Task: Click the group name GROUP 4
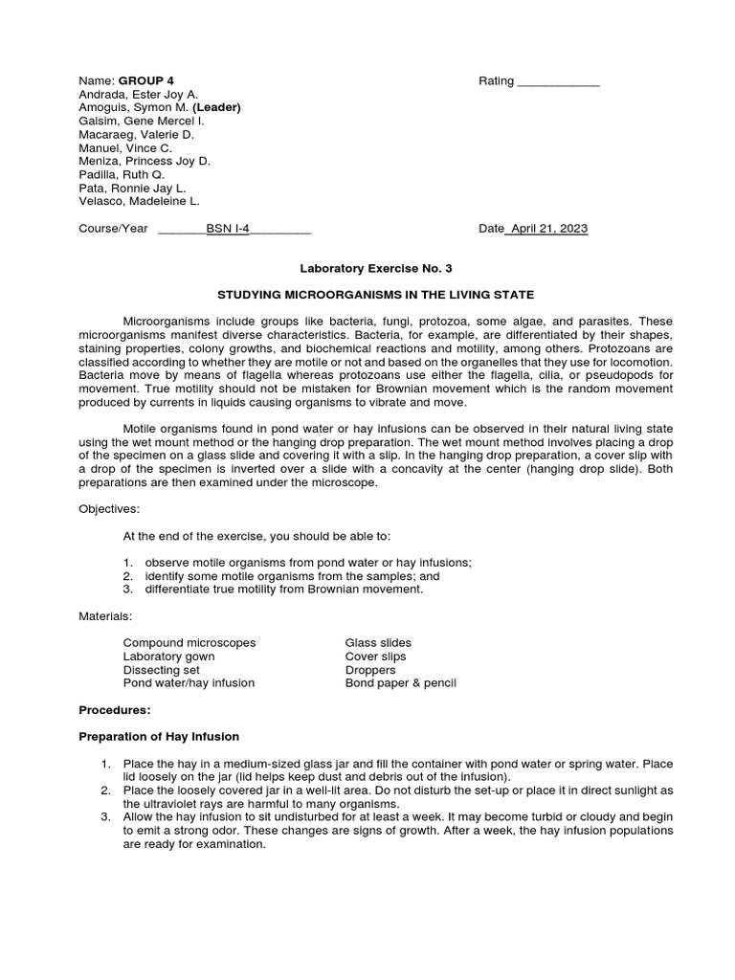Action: [145, 81]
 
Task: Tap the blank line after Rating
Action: [558, 82]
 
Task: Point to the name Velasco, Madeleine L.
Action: [139, 202]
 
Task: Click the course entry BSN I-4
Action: [228, 229]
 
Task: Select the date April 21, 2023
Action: [549, 229]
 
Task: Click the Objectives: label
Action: [109, 509]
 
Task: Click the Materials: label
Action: [105, 616]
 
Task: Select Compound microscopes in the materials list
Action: [189, 643]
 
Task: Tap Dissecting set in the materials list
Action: [162, 670]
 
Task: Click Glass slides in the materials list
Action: [378, 643]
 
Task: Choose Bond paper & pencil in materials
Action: [401, 683]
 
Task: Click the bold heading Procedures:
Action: [115, 710]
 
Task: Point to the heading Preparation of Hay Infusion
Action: [159, 737]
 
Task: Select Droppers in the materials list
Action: [370, 670]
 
